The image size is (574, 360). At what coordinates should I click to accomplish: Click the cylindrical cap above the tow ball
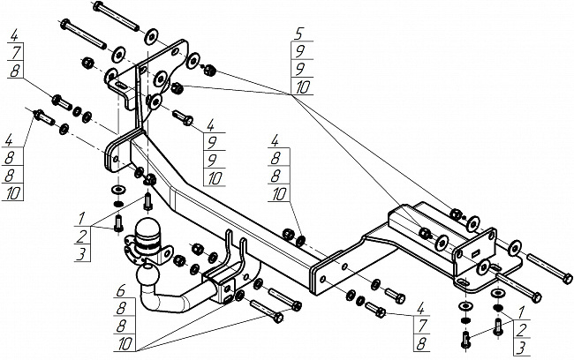[146, 234]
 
